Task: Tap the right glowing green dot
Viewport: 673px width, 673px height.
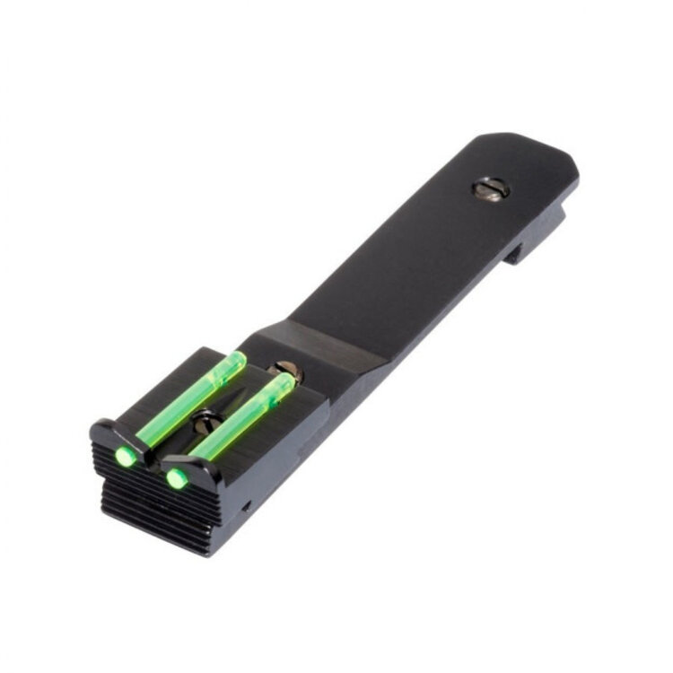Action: click(177, 477)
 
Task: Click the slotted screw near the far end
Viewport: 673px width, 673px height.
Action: click(492, 188)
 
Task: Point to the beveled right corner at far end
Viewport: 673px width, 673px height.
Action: click(572, 175)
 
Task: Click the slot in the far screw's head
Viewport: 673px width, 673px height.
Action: click(492, 188)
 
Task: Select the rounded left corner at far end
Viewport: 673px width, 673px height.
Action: click(480, 142)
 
